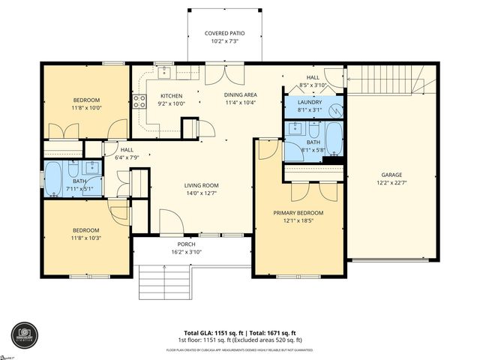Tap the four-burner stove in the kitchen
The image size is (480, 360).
tap(139, 101)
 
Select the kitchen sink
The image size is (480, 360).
tap(163, 73)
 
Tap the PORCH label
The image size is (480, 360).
tap(186, 244)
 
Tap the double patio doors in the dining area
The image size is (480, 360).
tap(224, 73)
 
